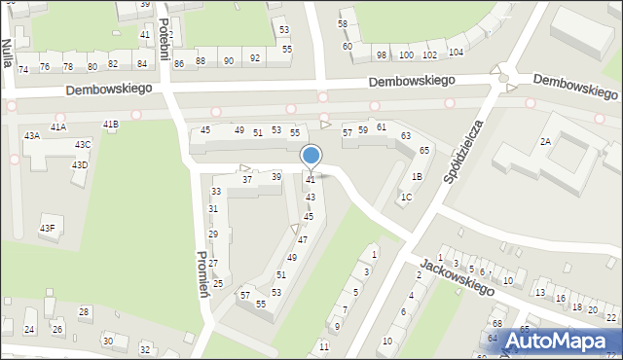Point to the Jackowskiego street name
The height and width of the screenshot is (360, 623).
tap(458, 275)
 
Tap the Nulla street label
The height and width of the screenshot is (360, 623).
tap(7, 54)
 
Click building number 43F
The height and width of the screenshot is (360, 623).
tap(47, 229)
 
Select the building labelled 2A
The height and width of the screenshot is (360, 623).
tap(545, 142)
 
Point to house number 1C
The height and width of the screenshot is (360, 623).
tap(406, 198)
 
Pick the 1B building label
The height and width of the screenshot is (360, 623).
tap(417, 177)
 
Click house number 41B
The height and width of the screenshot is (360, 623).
tap(111, 125)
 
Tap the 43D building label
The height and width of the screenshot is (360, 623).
tap(79, 165)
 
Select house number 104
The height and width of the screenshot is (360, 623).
tap(456, 52)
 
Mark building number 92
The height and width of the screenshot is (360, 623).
tap(255, 58)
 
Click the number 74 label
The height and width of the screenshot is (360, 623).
tap(22, 69)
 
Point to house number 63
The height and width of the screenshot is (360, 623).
tap(405, 136)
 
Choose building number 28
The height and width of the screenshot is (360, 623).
tap(84, 312)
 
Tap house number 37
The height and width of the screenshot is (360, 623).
tap(247, 180)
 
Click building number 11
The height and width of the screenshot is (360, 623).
tap(324, 346)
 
